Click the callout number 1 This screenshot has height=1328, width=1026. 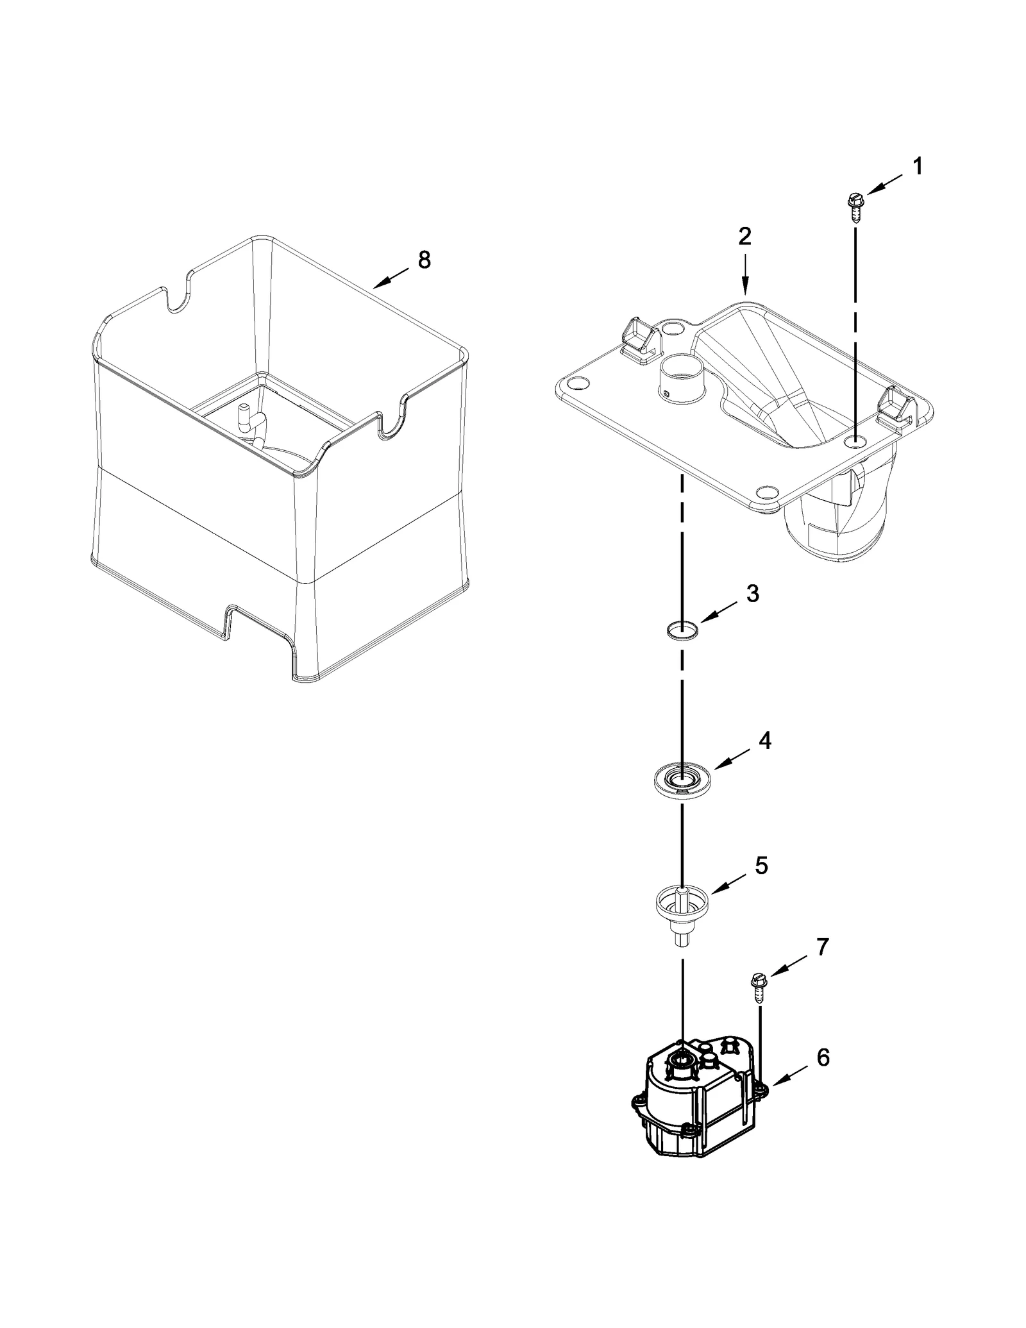tap(918, 167)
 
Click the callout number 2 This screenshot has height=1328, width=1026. tap(744, 237)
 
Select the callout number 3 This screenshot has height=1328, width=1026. tap(753, 594)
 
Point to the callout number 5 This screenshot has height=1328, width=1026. tap(761, 866)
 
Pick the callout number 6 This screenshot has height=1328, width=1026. tap(823, 1057)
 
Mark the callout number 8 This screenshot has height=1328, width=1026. tap(424, 260)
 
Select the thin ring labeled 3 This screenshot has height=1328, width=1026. tap(682, 630)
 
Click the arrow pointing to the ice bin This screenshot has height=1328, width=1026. tap(391, 278)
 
